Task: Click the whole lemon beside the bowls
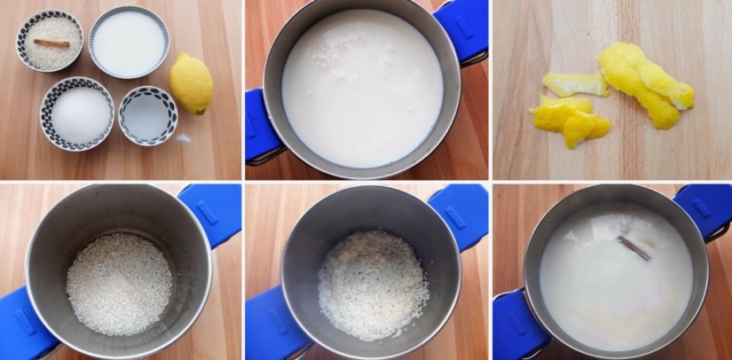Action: pyautogui.click(x=191, y=83)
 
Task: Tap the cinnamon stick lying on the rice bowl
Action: pyautogui.click(x=51, y=42)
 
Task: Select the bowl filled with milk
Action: pyautogui.click(x=129, y=42)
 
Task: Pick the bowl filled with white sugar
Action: pyautogui.click(x=77, y=113)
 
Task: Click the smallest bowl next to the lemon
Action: pyautogui.click(x=148, y=115)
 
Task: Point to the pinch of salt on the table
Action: pyautogui.click(x=184, y=138)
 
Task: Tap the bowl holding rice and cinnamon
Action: pyautogui.click(x=50, y=40)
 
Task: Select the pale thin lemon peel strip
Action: pyautogui.click(x=574, y=84)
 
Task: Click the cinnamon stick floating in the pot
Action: pyautogui.click(x=634, y=247)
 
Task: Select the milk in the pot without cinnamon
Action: pyautogui.click(x=362, y=87)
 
